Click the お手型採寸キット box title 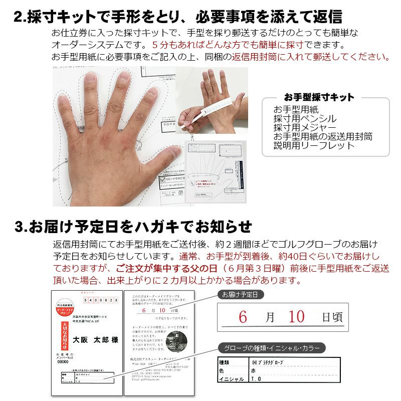(x=319, y=97)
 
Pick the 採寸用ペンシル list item (x=305, y=119)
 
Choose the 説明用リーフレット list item (x=314, y=146)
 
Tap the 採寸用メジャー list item (x=305, y=128)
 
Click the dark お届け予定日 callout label (x=240, y=295)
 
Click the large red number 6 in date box (x=243, y=316)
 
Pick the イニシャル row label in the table (x=232, y=379)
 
